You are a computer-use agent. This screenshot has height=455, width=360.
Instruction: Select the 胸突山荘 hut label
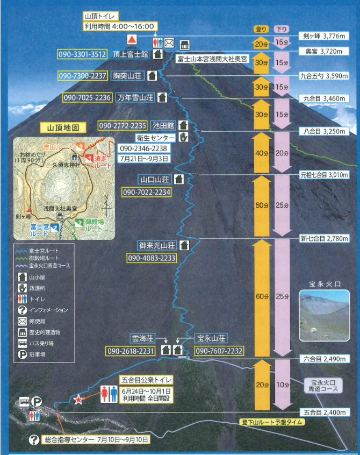(x=127, y=76)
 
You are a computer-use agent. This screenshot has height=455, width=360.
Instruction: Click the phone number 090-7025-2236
(x=88, y=98)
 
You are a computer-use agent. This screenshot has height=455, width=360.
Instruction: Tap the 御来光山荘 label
(x=157, y=245)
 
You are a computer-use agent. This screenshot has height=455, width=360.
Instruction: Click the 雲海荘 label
(x=142, y=338)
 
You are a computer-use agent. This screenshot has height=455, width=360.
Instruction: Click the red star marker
(x=78, y=399)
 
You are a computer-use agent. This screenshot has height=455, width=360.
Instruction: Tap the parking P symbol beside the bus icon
(x=37, y=401)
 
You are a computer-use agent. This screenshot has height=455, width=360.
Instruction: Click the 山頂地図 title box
(x=63, y=128)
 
